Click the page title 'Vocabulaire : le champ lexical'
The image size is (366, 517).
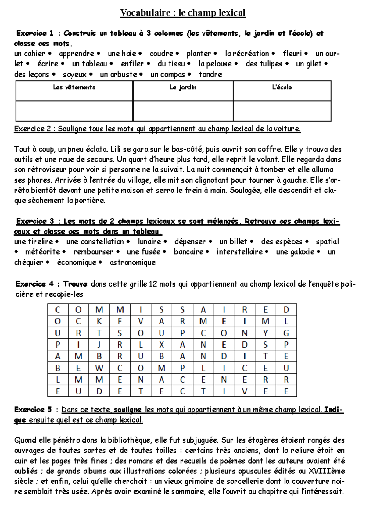(183, 13)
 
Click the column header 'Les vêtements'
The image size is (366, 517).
(74, 87)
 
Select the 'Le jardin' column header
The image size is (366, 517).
(183, 87)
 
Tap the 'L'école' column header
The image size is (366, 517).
(282, 87)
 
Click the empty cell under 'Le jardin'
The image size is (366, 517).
(183, 111)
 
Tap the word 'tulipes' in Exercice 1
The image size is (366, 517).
(270, 64)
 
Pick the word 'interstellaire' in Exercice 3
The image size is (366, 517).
(239, 252)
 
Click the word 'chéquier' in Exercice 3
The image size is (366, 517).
(29, 262)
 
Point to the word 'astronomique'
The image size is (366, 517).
(133, 262)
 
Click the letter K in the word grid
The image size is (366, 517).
(99, 321)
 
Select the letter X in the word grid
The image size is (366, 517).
(161, 345)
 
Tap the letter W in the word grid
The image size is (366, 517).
(99, 368)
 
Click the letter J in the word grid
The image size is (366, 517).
(99, 345)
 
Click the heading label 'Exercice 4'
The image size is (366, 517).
(34, 284)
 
